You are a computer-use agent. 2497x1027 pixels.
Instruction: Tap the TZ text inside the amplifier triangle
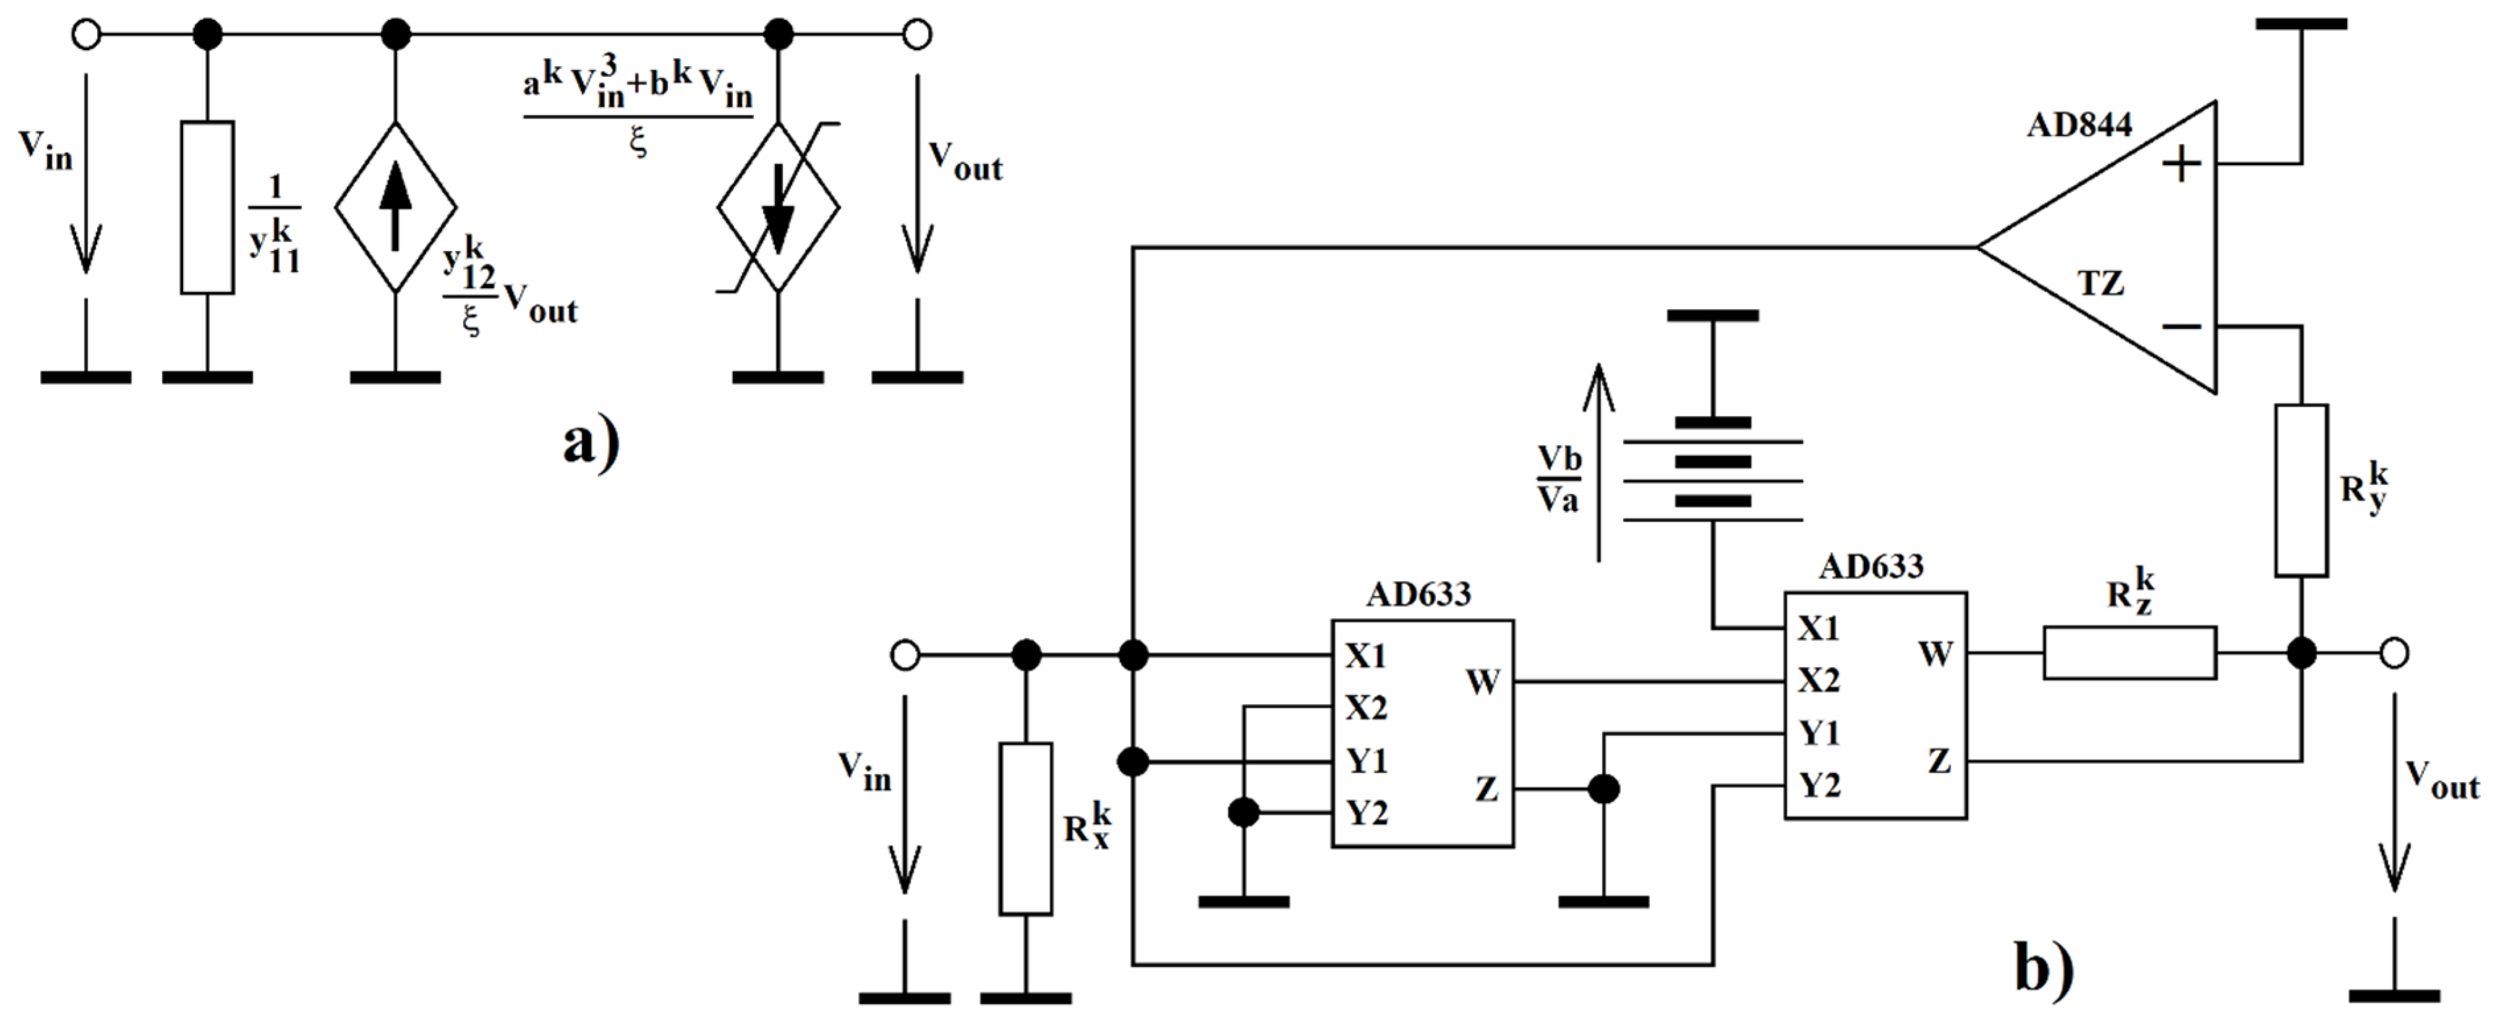coord(2101,283)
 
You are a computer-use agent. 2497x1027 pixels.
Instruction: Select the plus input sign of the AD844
coord(2181,164)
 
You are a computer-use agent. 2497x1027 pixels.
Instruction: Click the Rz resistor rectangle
coord(2130,653)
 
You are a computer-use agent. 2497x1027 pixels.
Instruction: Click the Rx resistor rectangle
coord(1025,828)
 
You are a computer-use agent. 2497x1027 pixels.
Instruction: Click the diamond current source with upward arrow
coord(396,206)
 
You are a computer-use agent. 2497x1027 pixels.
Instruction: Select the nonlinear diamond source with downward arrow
coord(778,206)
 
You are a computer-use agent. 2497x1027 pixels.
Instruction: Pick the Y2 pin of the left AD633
coord(1367,813)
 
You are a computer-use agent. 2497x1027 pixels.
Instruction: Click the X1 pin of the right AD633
coord(1819,629)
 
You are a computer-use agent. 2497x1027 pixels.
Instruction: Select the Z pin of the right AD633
coord(1939,761)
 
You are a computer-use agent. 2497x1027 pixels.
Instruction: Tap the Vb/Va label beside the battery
coord(1559,479)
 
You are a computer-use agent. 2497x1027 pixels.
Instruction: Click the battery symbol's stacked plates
coord(1713,463)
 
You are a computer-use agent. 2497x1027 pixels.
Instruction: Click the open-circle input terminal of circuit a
coord(87,35)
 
